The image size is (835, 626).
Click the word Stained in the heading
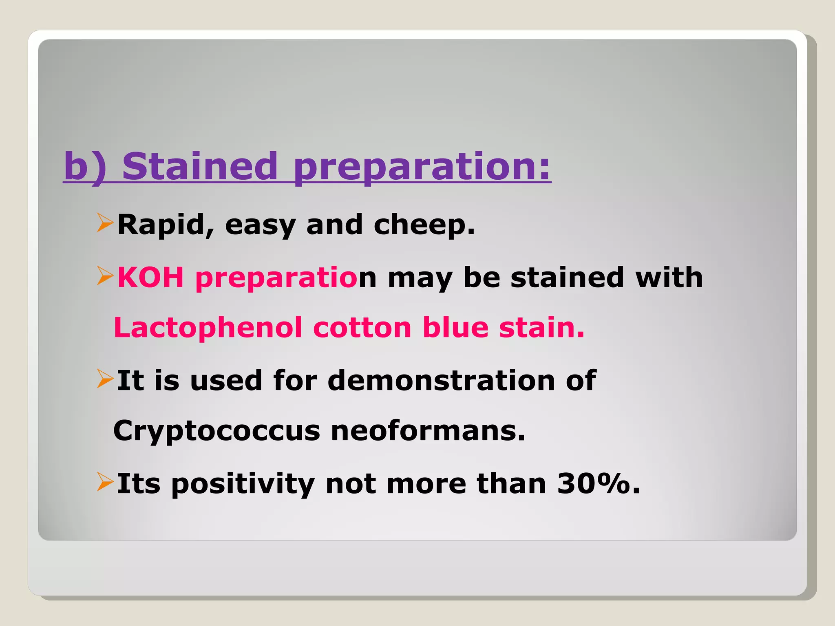[x=200, y=166]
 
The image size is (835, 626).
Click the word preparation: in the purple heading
[x=422, y=167]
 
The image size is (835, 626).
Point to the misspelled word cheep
[x=424, y=225]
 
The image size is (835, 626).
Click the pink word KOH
[x=150, y=278]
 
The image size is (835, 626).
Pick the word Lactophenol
[x=208, y=328]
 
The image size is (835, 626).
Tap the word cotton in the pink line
[x=362, y=328]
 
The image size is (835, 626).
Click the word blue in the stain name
[x=455, y=328]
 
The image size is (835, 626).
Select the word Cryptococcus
[x=216, y=431]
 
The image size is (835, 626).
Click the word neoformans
[x=428, y=431]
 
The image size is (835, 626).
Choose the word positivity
[x=243, y=484]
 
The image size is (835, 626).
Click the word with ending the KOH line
[x=669, y=278]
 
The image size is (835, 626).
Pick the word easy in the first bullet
[x=260, y=225]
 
